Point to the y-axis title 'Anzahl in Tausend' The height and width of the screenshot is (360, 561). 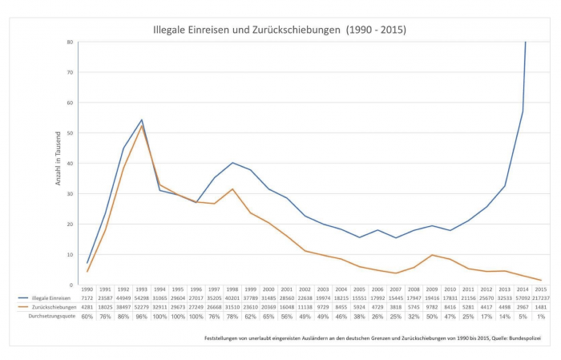(x=59, y=164)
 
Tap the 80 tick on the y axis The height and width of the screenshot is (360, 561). (x=70, y=42)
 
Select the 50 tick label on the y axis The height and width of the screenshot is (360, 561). (x=70, y=133)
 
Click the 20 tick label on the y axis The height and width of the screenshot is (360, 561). (x=70, y=224)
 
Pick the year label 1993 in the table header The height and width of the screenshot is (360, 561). (x=141, y=289)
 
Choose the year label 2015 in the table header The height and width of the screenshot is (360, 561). (x=541, y=289)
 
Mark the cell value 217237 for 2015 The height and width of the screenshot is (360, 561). (x=541, y=297)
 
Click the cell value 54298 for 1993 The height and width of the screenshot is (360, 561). (x=141, y=297)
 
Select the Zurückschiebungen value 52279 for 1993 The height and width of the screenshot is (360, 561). (x=141, y=306)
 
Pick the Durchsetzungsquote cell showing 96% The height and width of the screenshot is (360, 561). (x=141, y=316)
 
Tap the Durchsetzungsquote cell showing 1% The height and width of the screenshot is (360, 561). (x=541, y=316)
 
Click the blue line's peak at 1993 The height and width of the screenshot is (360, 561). (x=141, y=120)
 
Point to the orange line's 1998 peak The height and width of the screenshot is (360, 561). (x=232, y=189)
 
